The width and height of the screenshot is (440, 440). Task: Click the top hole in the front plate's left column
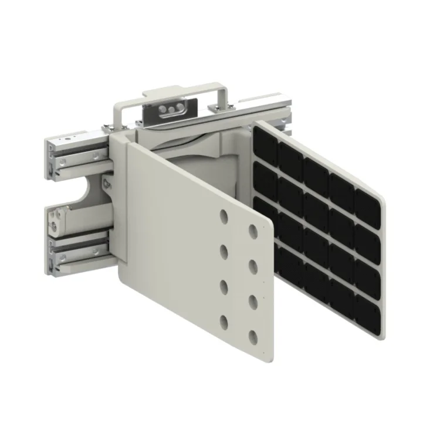pos(224,216)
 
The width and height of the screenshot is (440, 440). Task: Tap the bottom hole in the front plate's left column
pos(224,321)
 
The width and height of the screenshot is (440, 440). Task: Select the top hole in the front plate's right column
pos(254,231)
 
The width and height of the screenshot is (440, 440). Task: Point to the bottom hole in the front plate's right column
pos(254,337)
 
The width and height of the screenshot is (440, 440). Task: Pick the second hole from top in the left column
pos(224,252)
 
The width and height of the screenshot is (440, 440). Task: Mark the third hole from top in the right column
pos(254,302)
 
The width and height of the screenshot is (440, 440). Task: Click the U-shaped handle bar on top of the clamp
pos(176,96)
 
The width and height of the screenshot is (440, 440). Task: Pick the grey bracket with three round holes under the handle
pos(170,109)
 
